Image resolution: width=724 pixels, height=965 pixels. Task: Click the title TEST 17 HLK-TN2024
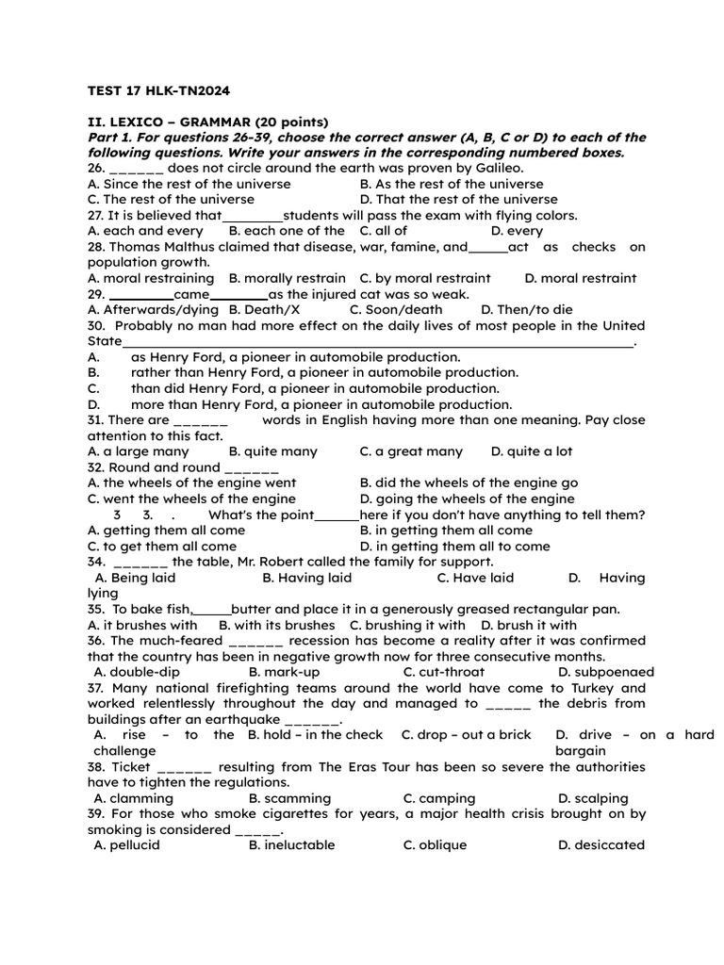tap(158, 90)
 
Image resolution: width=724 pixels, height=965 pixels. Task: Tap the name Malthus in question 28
tap(189, 247)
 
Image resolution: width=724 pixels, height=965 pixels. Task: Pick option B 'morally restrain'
tap(288, 278)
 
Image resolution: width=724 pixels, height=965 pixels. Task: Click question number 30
tap(96, 326)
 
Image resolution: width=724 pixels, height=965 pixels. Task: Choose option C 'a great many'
tap(412, 451)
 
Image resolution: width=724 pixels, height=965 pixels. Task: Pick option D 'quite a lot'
tap(532, 451)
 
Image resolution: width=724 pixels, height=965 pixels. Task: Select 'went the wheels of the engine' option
tap(191, 499)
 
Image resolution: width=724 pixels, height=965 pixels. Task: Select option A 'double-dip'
tap(137, 672)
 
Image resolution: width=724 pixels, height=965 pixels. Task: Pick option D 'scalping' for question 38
tap(593, 798)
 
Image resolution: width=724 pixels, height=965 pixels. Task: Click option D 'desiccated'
tap(601, 845)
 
